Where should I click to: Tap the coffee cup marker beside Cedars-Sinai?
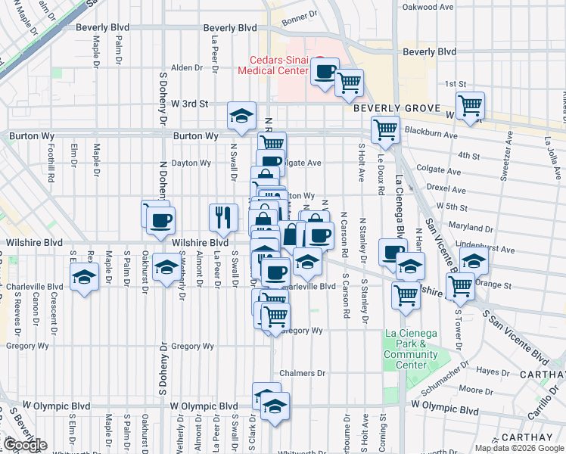tap(325, 72)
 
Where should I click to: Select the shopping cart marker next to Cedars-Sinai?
tap(349, 82)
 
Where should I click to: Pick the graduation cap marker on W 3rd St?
tap(241, 116)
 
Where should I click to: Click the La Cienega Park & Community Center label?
tap(411, 349)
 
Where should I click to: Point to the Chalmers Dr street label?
tap(302, 373)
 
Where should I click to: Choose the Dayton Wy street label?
tap(191, 163)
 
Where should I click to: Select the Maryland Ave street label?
tap(471, 225)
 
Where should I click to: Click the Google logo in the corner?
tap(25, 445)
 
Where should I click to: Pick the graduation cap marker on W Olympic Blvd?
tap(275, 406)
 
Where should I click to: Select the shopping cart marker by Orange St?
tap(460, 287)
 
